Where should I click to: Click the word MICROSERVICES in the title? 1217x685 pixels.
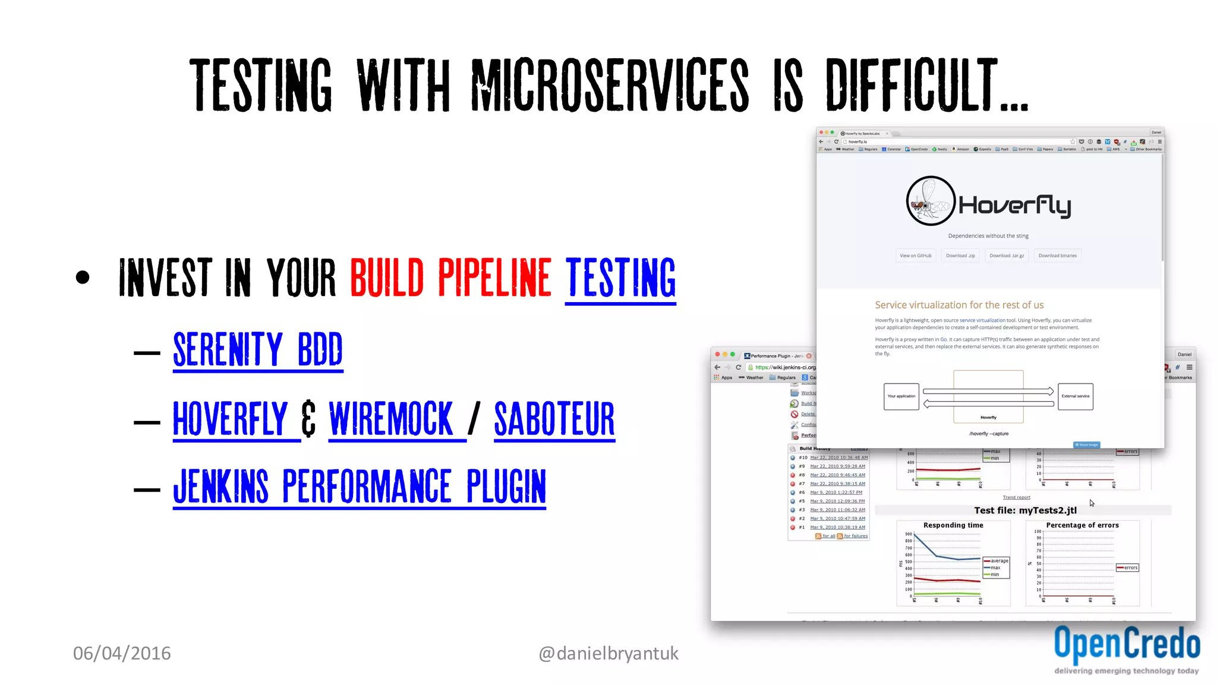tap(610, 85)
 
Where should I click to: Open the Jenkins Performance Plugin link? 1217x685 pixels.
tap(360, 486)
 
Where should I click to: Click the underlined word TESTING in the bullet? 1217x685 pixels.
tap(620, 278)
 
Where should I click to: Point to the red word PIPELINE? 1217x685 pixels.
tap(494, 278)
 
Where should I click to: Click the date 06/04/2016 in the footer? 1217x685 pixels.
tap(122, 653)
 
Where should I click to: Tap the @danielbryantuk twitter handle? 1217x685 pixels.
tap(608, 653)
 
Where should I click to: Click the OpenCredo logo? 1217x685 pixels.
tap(1127, 648)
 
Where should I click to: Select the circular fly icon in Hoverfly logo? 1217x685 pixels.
tap(931, 201)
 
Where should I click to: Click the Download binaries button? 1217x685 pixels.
tap(1057, 256)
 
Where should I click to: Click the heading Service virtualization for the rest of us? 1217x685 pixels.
tap(959, 305)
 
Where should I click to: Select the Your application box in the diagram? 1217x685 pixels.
tap(901, 396)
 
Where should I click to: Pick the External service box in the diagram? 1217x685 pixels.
tap(1075, 396)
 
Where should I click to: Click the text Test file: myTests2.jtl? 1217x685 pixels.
tap(1025, 510)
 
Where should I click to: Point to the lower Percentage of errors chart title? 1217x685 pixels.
tap(1082, 525)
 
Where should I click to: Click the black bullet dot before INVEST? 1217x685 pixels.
tap(83, 277)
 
